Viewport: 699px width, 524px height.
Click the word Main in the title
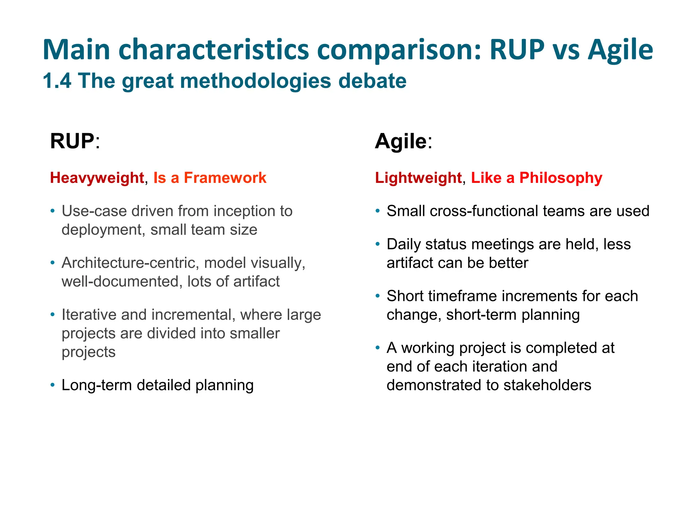pos(76,50)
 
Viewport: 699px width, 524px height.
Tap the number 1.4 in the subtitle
pos(57,81)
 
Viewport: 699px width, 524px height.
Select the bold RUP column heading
pos(72,141)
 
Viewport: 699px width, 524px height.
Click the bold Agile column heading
pos(401,141)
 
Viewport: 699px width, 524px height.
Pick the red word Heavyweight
pos(97,178)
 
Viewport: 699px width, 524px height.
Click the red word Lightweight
pos(418,178)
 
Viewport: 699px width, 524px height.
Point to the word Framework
pos(225,178)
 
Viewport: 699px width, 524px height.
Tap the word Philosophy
pos(561,178)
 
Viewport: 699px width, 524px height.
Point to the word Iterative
pos(89,315)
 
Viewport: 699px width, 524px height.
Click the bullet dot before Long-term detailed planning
pos(52,385)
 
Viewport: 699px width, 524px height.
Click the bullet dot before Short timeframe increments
pos(377,296)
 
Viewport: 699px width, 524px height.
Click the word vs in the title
pos(566,50)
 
